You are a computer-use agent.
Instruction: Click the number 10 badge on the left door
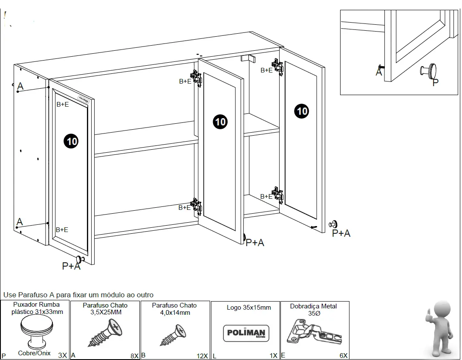[x=71, y=141]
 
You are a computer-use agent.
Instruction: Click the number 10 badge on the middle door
[x=220, y=122]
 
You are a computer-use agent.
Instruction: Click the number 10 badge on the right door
[x=301, y=111]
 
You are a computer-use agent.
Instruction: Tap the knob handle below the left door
[x=80, y=259]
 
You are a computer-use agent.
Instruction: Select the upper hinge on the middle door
[x=196, y=78]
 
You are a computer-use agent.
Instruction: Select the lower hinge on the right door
[x=278, y=195]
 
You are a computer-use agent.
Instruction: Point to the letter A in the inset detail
[x=378, y=72]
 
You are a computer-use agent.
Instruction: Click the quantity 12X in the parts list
[x=202, y=355]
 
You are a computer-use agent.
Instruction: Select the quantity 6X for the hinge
[x=343, y=355]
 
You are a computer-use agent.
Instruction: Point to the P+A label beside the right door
[x=341, y=233]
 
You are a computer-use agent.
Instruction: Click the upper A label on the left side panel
[x=20, y=86]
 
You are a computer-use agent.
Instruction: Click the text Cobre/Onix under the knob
[x=34, y=353]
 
